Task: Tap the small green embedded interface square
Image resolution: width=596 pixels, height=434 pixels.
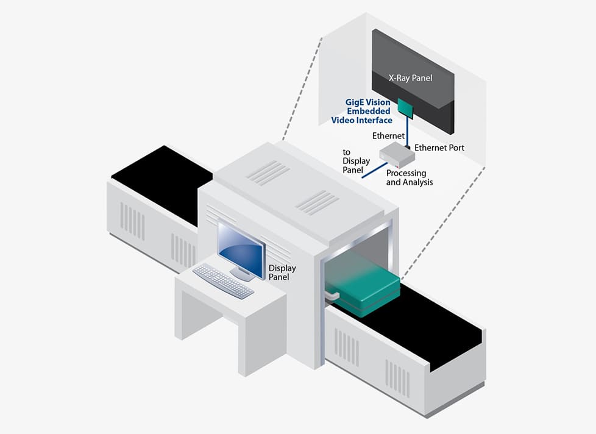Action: pyautogui.click(x=405, y=107)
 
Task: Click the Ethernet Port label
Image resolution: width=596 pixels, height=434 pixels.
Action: pyautogui.click(x=439, y=148)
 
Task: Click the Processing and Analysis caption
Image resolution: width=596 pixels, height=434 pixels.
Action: pyautogui.click(x=409, y=178)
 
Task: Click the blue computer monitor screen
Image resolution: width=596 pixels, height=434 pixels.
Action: pyautogui.click(x=241, y=247)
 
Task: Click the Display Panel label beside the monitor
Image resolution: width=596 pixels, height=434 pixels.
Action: pyautogui.click(x=282, y=272)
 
